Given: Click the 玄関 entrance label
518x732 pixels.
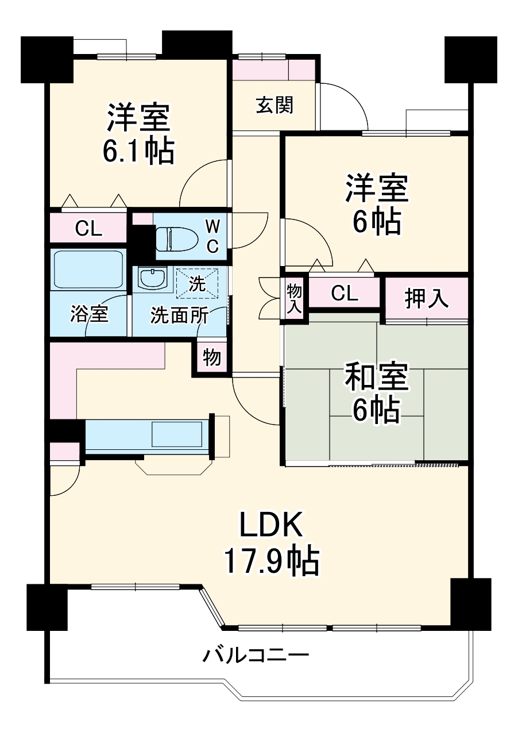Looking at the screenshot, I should click(275, 105).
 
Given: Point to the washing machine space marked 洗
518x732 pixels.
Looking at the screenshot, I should click(197, 284).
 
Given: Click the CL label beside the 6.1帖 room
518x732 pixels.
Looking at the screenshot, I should click(89, 229).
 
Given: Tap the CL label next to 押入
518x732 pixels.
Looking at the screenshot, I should click(345, 294).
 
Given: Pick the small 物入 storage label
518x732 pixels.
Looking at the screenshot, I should click(294, 298).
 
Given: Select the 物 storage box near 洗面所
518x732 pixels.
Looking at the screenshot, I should click(212, 357).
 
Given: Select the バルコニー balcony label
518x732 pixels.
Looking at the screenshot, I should click(256, 654).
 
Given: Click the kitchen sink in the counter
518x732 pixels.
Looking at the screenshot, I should click(177, 434).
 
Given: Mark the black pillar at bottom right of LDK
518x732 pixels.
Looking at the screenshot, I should click(470, 604).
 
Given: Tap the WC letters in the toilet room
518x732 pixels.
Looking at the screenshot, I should click(212, 235).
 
